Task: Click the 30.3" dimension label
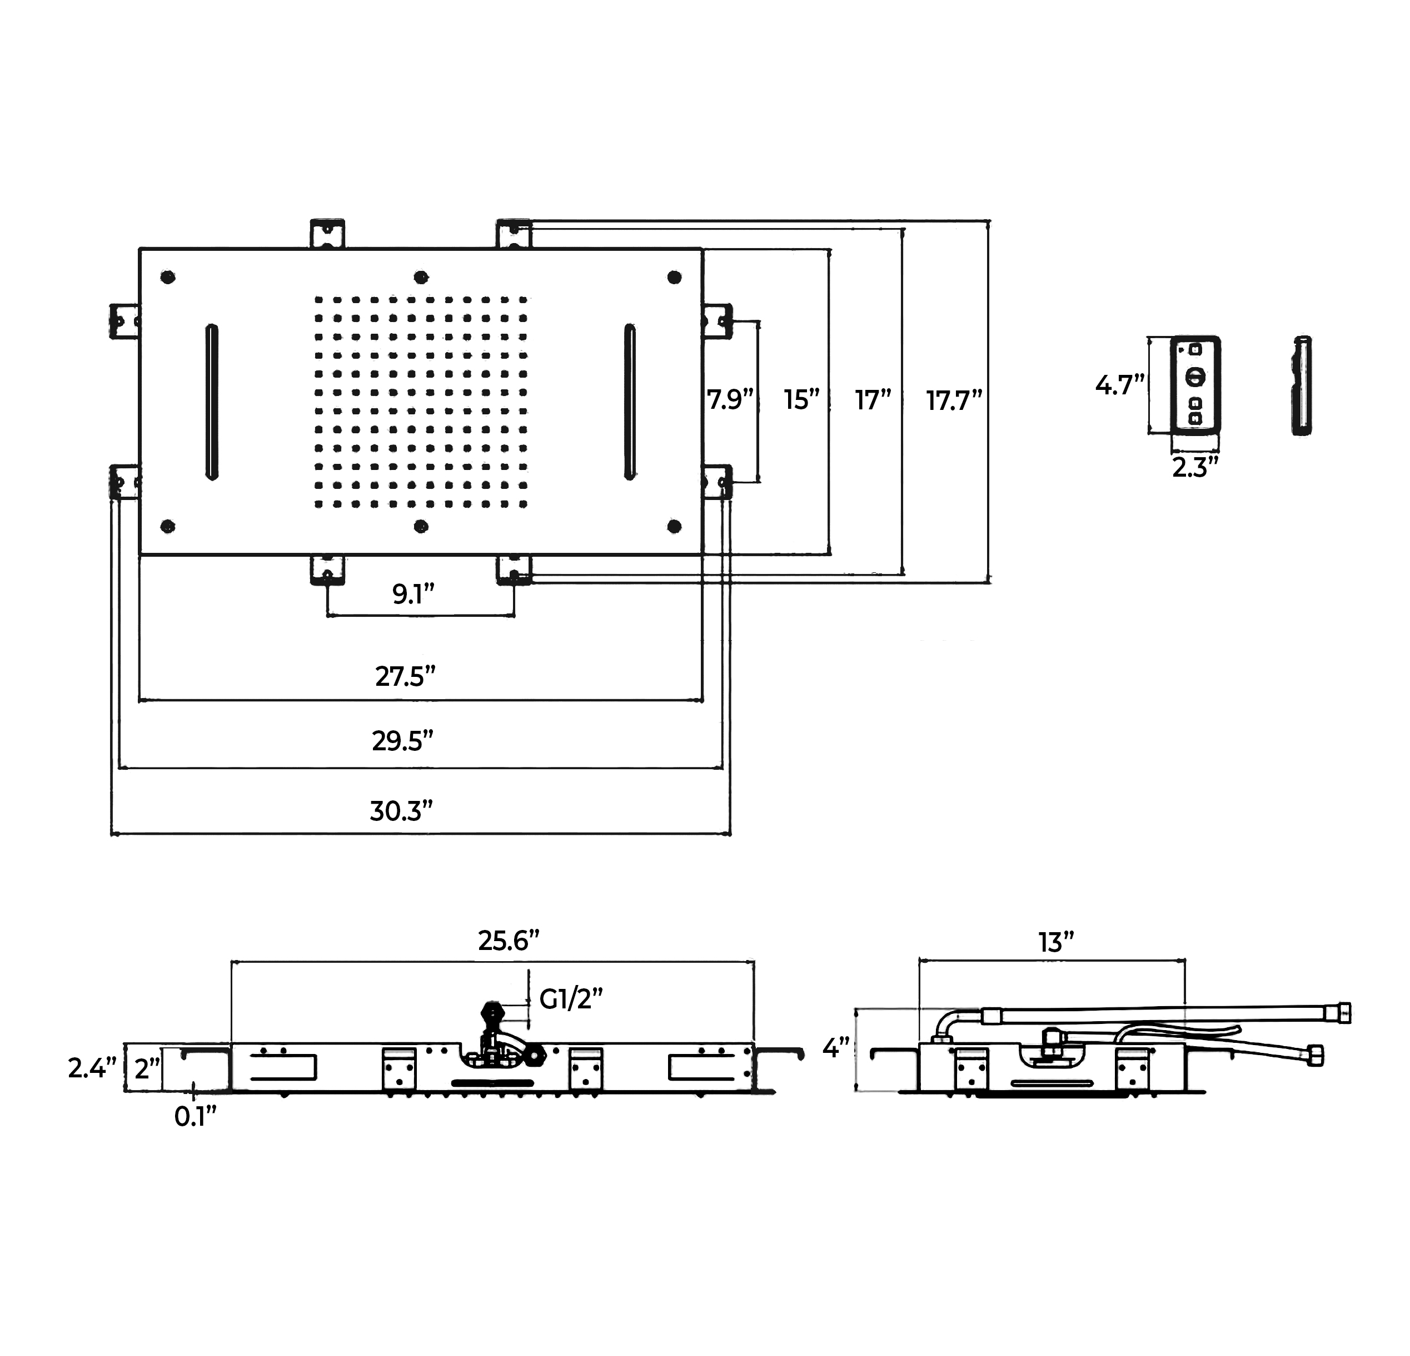pyautogui.click(x=401, y=811)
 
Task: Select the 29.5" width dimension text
pyautogui.click(x=403, y=741)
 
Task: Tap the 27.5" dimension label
pyautogui.click(x=405, y=676)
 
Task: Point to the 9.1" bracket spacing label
pyautogui.click(x=413, y=595)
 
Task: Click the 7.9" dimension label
pyautogui.click(x=730, y=399)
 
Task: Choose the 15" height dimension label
pyautogui.click(x=802, y=400)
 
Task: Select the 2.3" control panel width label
pyautogui.click(x=1195, y=468)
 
